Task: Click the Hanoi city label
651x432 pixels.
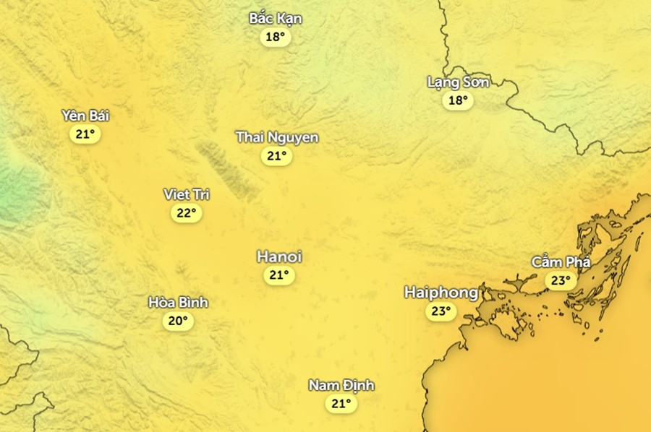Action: pyautogui.click(x=279, y=257)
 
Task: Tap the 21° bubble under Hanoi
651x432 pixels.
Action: pyautogui.click(x=279, y=275)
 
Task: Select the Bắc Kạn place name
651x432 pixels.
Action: pyautogui.click(x=276, y=19)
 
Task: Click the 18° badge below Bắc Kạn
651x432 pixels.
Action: pyautogui.click(x=276, y=37)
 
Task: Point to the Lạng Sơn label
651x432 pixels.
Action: pyautogui.click(x=458, y=82)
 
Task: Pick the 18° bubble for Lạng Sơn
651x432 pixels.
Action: pyautogui.click(x=458, y=100)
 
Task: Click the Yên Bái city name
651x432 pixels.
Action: pyautogui.click(x=85, y=116)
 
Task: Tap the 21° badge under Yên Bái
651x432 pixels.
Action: pyautogui.click(x=85, y=134)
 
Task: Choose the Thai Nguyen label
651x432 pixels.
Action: pyautogui.click(x=277, y=137)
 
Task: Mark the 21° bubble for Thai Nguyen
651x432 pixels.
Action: pyautogui.click(x=277, y=155)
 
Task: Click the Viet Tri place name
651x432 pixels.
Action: pyautogui.click(x=187, y=194)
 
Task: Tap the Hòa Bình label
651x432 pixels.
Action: pyautogui.click(x=178, y=303)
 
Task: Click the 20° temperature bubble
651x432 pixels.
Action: pyautogui.click(x=178, y=321)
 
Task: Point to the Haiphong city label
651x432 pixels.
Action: pyautogui.click(x=441, y=293)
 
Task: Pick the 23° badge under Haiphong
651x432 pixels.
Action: pyautogui.click(x=441, y=311)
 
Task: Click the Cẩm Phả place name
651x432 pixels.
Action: pyautogui.click(x=561, y=262)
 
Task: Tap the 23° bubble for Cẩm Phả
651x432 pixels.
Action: pyautogui.click(x=561, y=280)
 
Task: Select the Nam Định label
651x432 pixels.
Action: pyautogui.click(x=341, y=386)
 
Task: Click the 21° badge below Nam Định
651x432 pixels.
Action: pyautogui.click(x=341, y=404)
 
